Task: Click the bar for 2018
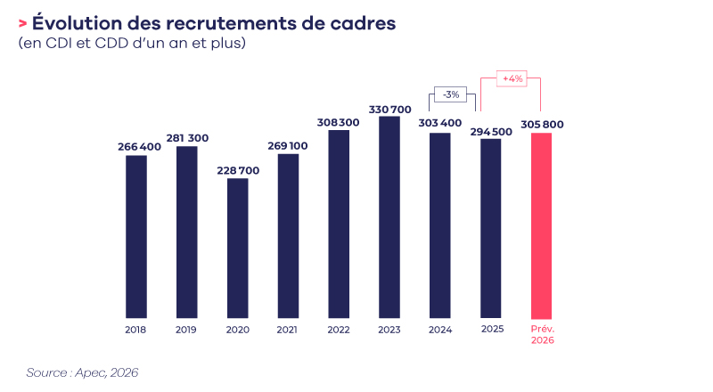click(136, 236)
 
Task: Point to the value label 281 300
click(186, 138)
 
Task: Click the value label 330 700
click(389, 109)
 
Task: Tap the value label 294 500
click(491, 131)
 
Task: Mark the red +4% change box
click(512, 79)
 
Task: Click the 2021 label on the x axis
click(288, 330)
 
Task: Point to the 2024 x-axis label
click(440, 330)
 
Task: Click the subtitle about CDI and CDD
click(131, 44)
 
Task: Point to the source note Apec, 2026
click(82, 372)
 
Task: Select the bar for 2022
click(339, 224)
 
